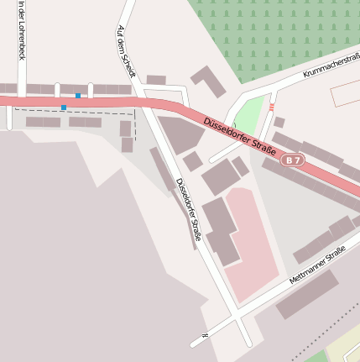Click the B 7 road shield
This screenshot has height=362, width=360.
coord(292,159)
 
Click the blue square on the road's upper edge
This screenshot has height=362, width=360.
coord(78,96)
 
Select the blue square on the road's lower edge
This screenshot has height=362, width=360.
coord(63,108)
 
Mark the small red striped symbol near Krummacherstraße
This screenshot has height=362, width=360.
coord(272,107)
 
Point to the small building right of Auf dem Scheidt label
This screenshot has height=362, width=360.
coord(155,80)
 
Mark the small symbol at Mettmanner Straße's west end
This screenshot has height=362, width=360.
coord(204,335)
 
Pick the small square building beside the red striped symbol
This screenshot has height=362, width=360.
coord(279,122)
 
